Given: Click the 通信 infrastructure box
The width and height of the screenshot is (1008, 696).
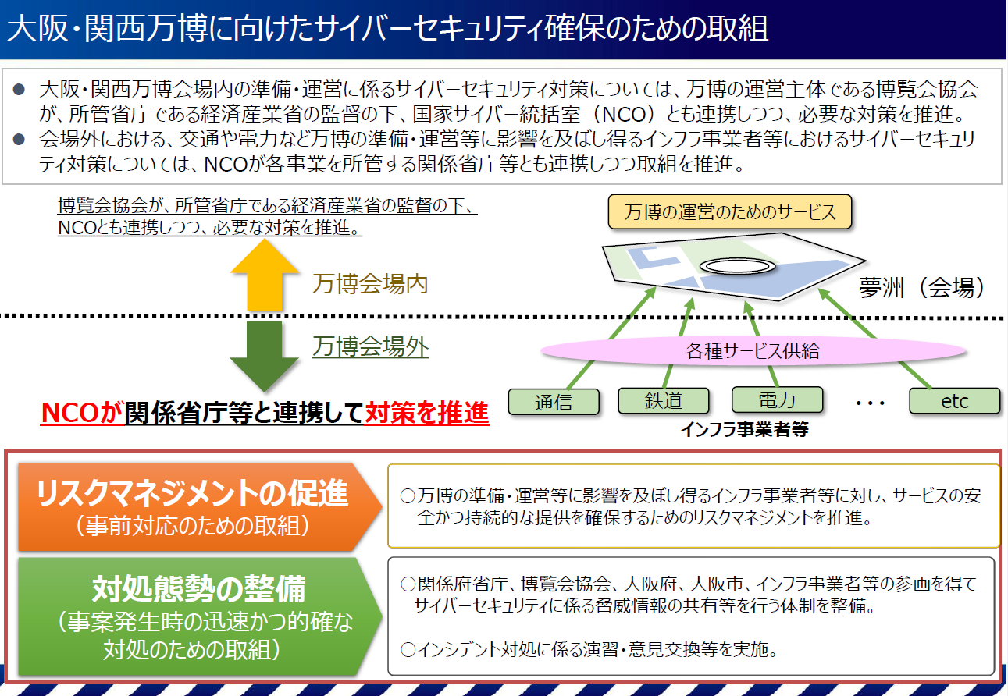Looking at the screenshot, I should [554, 401].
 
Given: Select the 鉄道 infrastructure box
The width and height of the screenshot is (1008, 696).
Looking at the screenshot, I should [663, 400].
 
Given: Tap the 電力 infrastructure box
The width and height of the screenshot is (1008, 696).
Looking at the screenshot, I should [777, 399].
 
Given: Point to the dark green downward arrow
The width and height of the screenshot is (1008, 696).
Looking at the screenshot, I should [265, 355].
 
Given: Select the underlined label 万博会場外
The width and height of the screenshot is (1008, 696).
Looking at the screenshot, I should [370, 347].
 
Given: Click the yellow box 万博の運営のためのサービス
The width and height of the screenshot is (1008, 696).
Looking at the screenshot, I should [729, 212].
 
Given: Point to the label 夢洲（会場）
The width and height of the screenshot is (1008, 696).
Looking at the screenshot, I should [925, 288].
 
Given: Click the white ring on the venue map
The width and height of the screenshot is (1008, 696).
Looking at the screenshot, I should [738, 266].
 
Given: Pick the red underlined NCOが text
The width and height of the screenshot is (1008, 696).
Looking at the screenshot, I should [81, 413].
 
